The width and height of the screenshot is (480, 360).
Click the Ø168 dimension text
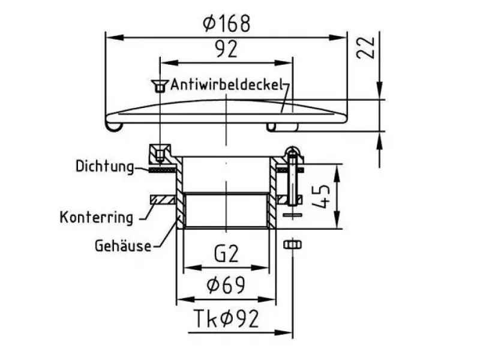[227, 23]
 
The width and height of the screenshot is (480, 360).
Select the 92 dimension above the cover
[226, 50]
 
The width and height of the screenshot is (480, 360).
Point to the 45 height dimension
[322, 196]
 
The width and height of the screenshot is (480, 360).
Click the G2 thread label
[226, 253]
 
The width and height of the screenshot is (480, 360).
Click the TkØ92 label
[227, 319]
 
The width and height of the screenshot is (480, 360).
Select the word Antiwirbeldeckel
[226, 85]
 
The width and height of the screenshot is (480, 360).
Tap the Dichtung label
[104, 167]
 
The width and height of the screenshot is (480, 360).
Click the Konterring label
[97, 218]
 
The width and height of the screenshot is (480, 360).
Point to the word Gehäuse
[123, 246]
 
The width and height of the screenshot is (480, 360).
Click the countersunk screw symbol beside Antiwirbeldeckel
[160, 86]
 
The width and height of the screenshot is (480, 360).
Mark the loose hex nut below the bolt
[293, 245]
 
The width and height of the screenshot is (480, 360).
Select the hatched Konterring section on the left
[162, 200]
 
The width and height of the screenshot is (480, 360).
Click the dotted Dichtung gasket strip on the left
[162, 170]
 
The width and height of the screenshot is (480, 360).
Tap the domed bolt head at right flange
[293, 152]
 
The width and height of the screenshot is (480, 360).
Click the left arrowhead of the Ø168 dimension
[114, 37]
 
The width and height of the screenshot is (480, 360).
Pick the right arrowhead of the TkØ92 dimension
[284, 332]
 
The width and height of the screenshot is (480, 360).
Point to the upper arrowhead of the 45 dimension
[337, 173]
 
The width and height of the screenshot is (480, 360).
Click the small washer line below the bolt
[293, 215]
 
